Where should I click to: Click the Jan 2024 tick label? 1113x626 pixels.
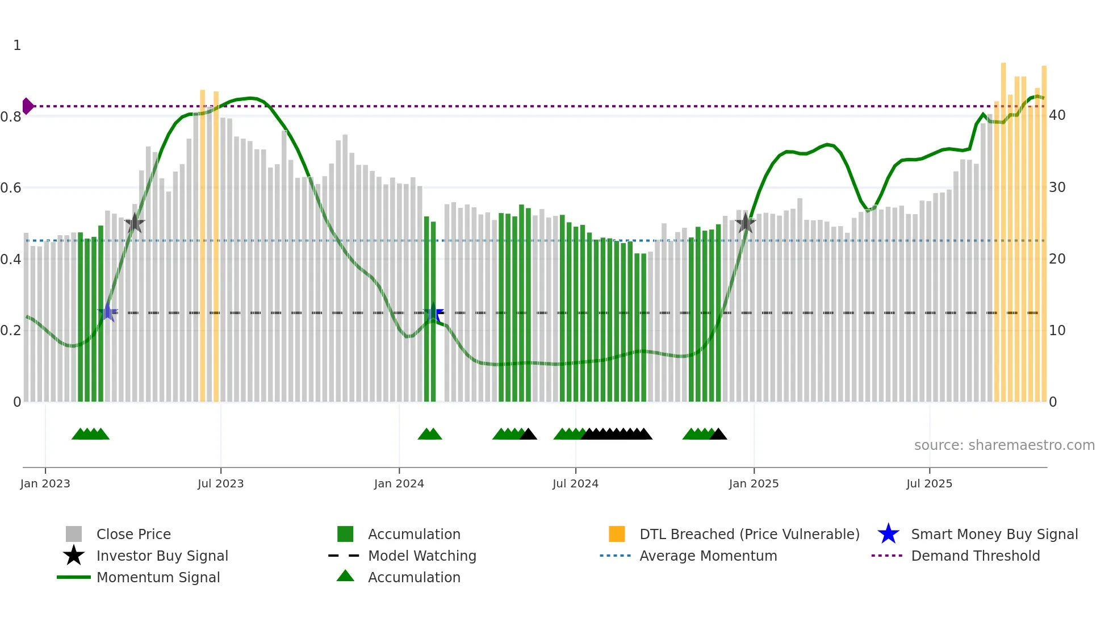[x=399, y=483]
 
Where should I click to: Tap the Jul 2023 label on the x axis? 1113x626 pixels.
[x=220, y=483]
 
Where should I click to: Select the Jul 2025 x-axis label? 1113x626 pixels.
[x=929, y=483]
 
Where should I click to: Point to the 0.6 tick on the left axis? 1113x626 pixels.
[x=10, y=188]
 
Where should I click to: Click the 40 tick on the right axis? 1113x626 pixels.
[x=1057, y=115]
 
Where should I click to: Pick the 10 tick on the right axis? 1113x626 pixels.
[x=1057, y=331]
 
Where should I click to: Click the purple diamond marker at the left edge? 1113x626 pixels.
[x=27, y=106]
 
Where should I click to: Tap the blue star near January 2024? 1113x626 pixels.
[x=433, y=312]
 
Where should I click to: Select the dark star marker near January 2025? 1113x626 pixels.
[x=745, y=223]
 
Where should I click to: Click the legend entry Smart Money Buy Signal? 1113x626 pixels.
[x=994, y=535]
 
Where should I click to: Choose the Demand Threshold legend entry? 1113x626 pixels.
[x=975, y=556]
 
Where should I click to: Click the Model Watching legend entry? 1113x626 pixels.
[x=421, y=556]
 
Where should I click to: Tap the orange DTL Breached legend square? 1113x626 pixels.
[x=617, y=534]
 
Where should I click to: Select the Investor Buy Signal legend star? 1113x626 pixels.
[x=74, y=556]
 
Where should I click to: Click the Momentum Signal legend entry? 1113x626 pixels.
[x=158, y=578]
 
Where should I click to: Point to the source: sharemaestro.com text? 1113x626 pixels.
[x=1004, y=445]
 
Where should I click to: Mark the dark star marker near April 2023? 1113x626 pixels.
[x=135, y=223]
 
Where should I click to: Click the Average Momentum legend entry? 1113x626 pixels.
[x=708, y=556]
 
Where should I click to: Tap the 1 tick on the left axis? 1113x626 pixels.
[x=17, y=45]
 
